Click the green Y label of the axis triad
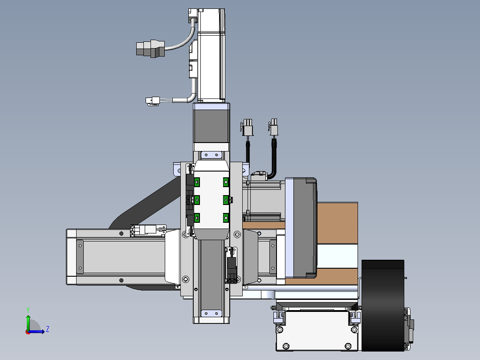28,310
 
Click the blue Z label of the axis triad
48,329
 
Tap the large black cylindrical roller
382,306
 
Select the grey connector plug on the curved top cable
151,49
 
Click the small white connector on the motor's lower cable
153,101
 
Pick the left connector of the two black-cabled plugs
247,127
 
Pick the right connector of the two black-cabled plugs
273,127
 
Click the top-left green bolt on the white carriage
197,182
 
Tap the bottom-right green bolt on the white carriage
226,218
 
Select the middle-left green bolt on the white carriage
197,200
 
